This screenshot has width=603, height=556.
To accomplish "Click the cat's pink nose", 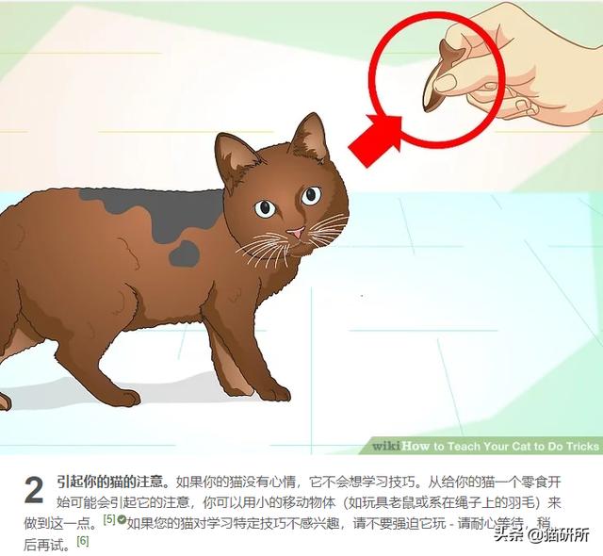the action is coord(295,232).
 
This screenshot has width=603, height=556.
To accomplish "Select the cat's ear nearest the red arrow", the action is coord(312,138).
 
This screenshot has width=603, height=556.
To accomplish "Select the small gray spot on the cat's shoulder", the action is coord(185,253).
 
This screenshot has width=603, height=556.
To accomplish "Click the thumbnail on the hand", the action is coord(445,83).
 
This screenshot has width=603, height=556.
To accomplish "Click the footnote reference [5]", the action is coord(109,520).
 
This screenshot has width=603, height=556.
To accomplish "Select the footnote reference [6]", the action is coord(83,541).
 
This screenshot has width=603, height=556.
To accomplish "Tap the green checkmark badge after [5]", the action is coord(122,520).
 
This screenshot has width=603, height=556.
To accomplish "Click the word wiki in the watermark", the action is coord(386,446).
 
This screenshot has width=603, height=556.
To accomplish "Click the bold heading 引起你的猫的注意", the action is coord(112,482).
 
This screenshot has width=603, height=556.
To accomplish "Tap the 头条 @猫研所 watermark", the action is coord(542,534).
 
